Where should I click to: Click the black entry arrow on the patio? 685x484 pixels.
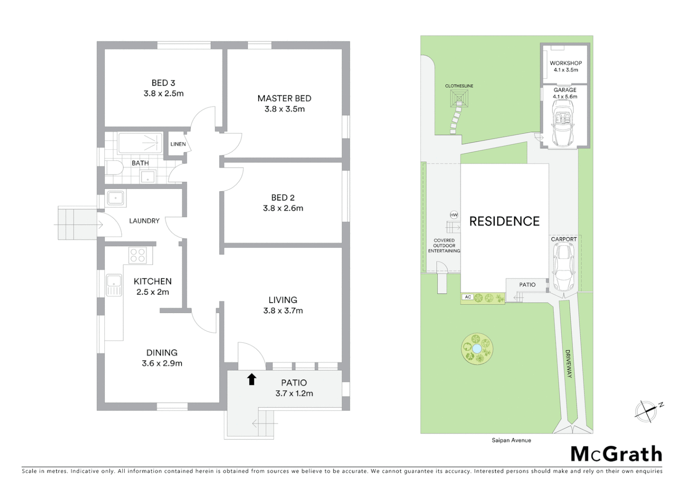point(251,379)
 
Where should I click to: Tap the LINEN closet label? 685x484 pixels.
point(178,144)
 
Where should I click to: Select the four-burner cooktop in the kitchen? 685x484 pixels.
point(138,255)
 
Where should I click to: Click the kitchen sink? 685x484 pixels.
point(114,285)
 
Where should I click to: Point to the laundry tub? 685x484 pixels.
point(116,198)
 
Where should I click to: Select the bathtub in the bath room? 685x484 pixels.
point(140,143)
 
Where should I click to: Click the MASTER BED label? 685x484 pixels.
point(284,98)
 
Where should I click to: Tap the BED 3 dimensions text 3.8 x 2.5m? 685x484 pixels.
point(164,94)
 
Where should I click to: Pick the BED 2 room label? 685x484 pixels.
point(283,198)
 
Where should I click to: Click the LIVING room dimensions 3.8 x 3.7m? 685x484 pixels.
point(283,311)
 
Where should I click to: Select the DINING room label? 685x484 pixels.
point(162,353)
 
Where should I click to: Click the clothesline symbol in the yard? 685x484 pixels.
point(459,98)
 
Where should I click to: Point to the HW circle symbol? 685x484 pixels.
point(454,215)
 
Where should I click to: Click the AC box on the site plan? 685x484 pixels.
point(468,297)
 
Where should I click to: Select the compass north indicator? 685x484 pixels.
point(646,411)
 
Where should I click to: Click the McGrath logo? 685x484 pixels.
point(616,454)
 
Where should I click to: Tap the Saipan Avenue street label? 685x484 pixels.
point(511,440)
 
